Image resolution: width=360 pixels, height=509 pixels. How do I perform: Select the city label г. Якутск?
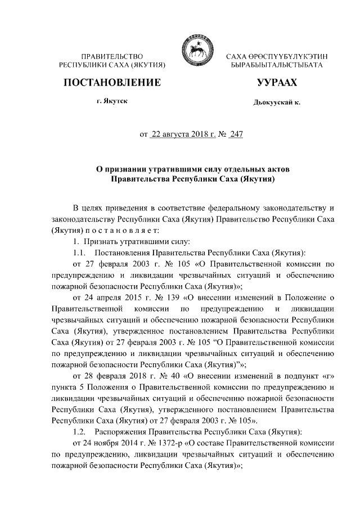[x=112, y=102]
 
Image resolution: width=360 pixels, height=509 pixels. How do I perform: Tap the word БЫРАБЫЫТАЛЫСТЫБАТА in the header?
[x=273, y=66]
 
